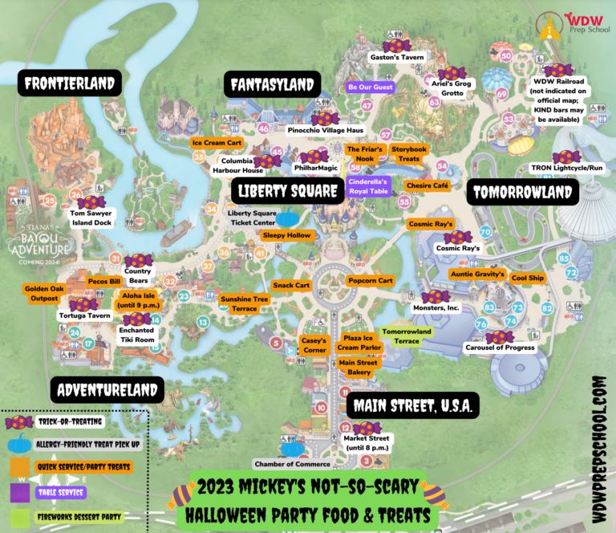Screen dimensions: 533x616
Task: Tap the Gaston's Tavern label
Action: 395,58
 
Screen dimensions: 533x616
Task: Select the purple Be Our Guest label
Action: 370,87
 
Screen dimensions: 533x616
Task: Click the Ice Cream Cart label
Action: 217,143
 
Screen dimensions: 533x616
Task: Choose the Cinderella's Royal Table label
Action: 368,186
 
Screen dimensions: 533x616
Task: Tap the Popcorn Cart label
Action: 371,281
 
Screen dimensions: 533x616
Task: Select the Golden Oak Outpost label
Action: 42,293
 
